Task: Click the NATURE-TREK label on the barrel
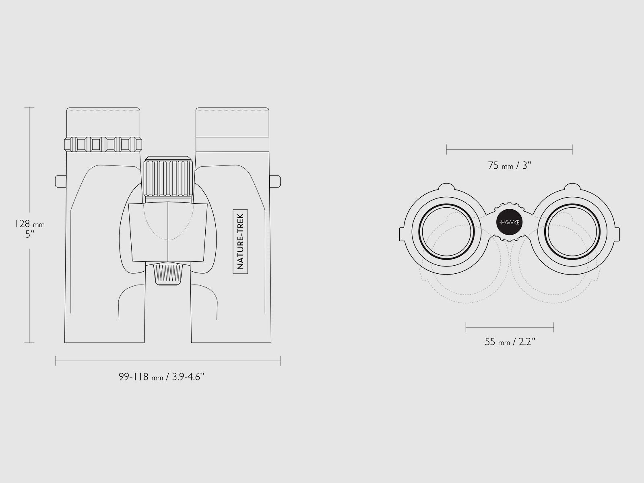click(240, 242)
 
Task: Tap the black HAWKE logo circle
click(509, 222)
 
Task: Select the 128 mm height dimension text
click(30, 224)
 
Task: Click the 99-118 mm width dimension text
click(161, 377)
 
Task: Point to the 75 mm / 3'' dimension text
click(510, 165)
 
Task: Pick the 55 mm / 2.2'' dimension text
click(510, 342)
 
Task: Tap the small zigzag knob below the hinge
click(168, 274)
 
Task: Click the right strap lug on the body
click(275, 181)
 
